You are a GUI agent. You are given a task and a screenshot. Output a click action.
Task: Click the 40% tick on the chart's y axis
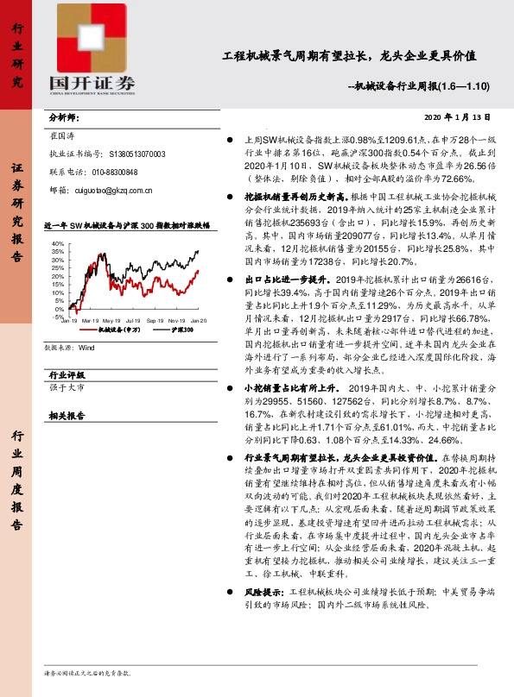57,244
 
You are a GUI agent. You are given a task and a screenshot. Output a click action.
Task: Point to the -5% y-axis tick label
57,317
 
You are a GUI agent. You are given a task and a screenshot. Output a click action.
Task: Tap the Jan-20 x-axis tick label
199,320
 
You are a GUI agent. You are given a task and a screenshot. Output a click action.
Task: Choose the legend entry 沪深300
158,330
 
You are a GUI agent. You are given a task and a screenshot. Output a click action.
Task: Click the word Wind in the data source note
86,349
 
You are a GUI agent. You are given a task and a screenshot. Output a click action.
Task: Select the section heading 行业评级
67,375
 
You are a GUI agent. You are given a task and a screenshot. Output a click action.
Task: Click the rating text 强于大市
68,390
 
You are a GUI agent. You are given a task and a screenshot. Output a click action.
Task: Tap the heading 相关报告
67,415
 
